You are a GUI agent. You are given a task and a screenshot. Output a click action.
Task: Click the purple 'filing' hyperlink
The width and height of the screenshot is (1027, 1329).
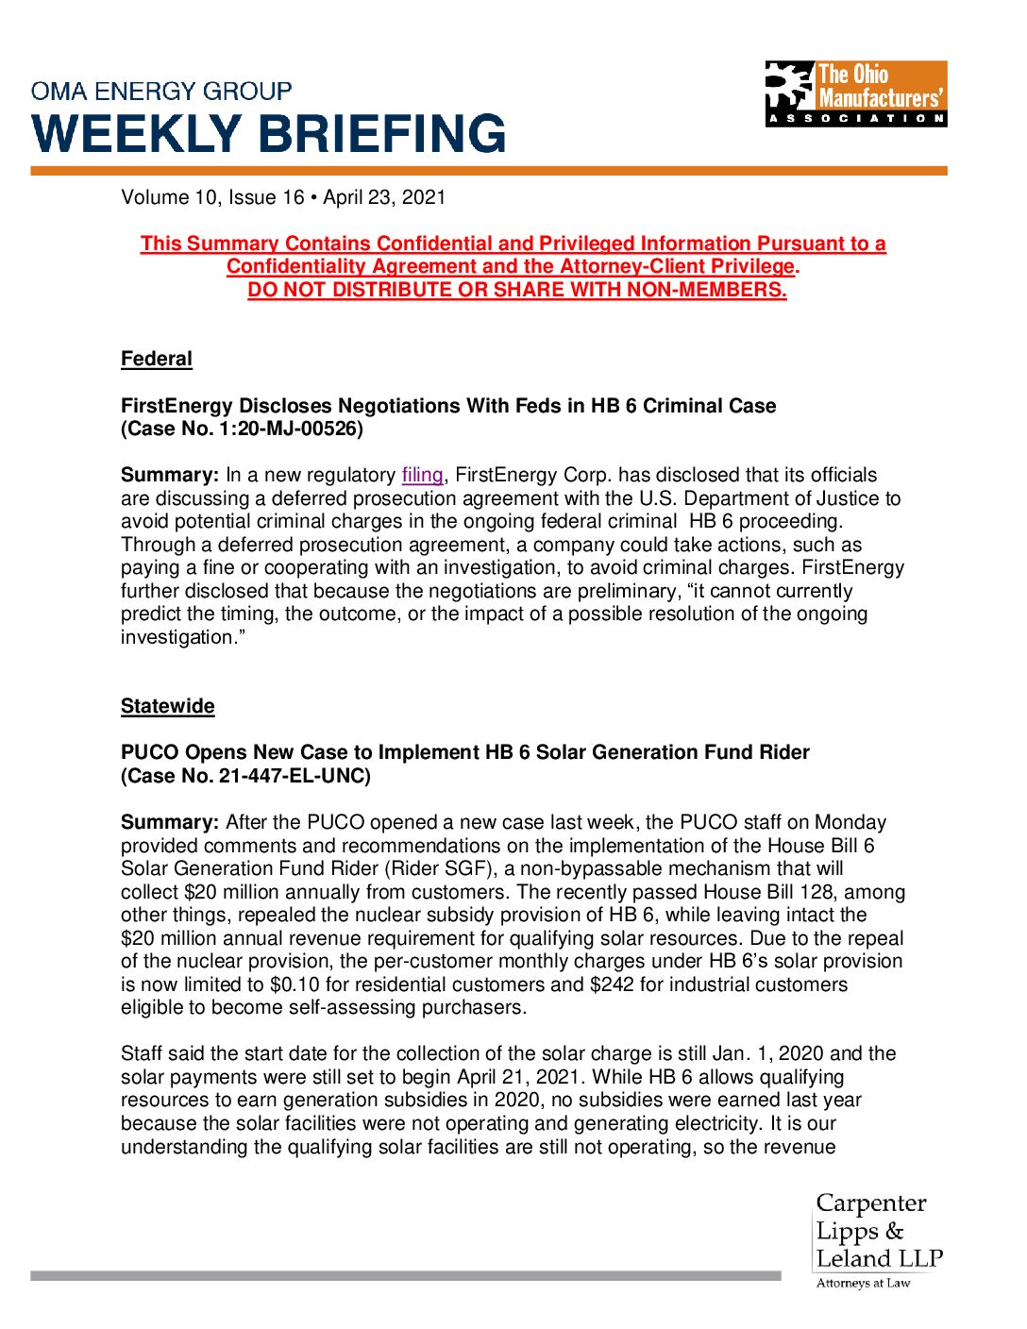(422, 475)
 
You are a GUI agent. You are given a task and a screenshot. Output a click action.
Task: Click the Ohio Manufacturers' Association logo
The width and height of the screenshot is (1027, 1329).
(855, 93)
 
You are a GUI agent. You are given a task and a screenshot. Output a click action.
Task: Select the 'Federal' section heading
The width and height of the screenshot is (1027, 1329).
(157, 359)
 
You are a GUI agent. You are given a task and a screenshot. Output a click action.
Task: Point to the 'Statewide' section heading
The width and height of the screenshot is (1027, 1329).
(168, 706)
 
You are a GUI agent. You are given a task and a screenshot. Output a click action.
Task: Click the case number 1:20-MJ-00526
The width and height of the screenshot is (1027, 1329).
(280, 429)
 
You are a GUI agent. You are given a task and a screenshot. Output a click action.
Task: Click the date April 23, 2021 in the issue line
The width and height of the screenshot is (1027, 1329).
(384, 197)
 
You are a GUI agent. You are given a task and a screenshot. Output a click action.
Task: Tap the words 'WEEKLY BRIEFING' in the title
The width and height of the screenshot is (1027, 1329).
(269, 133)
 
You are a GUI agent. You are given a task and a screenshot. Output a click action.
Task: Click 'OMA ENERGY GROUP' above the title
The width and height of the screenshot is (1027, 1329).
(161, 92)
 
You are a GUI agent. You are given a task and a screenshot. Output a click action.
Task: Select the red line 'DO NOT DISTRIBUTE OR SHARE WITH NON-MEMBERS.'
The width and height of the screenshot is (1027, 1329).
(517, 290)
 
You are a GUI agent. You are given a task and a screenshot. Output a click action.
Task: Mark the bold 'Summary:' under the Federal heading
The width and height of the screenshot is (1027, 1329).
(170, 475)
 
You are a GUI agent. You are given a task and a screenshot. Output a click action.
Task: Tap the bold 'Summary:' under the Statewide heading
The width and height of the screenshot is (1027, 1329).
(170, 822)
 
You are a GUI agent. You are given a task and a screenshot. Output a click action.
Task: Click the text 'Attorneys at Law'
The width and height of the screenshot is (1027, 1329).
(863, 1283)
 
